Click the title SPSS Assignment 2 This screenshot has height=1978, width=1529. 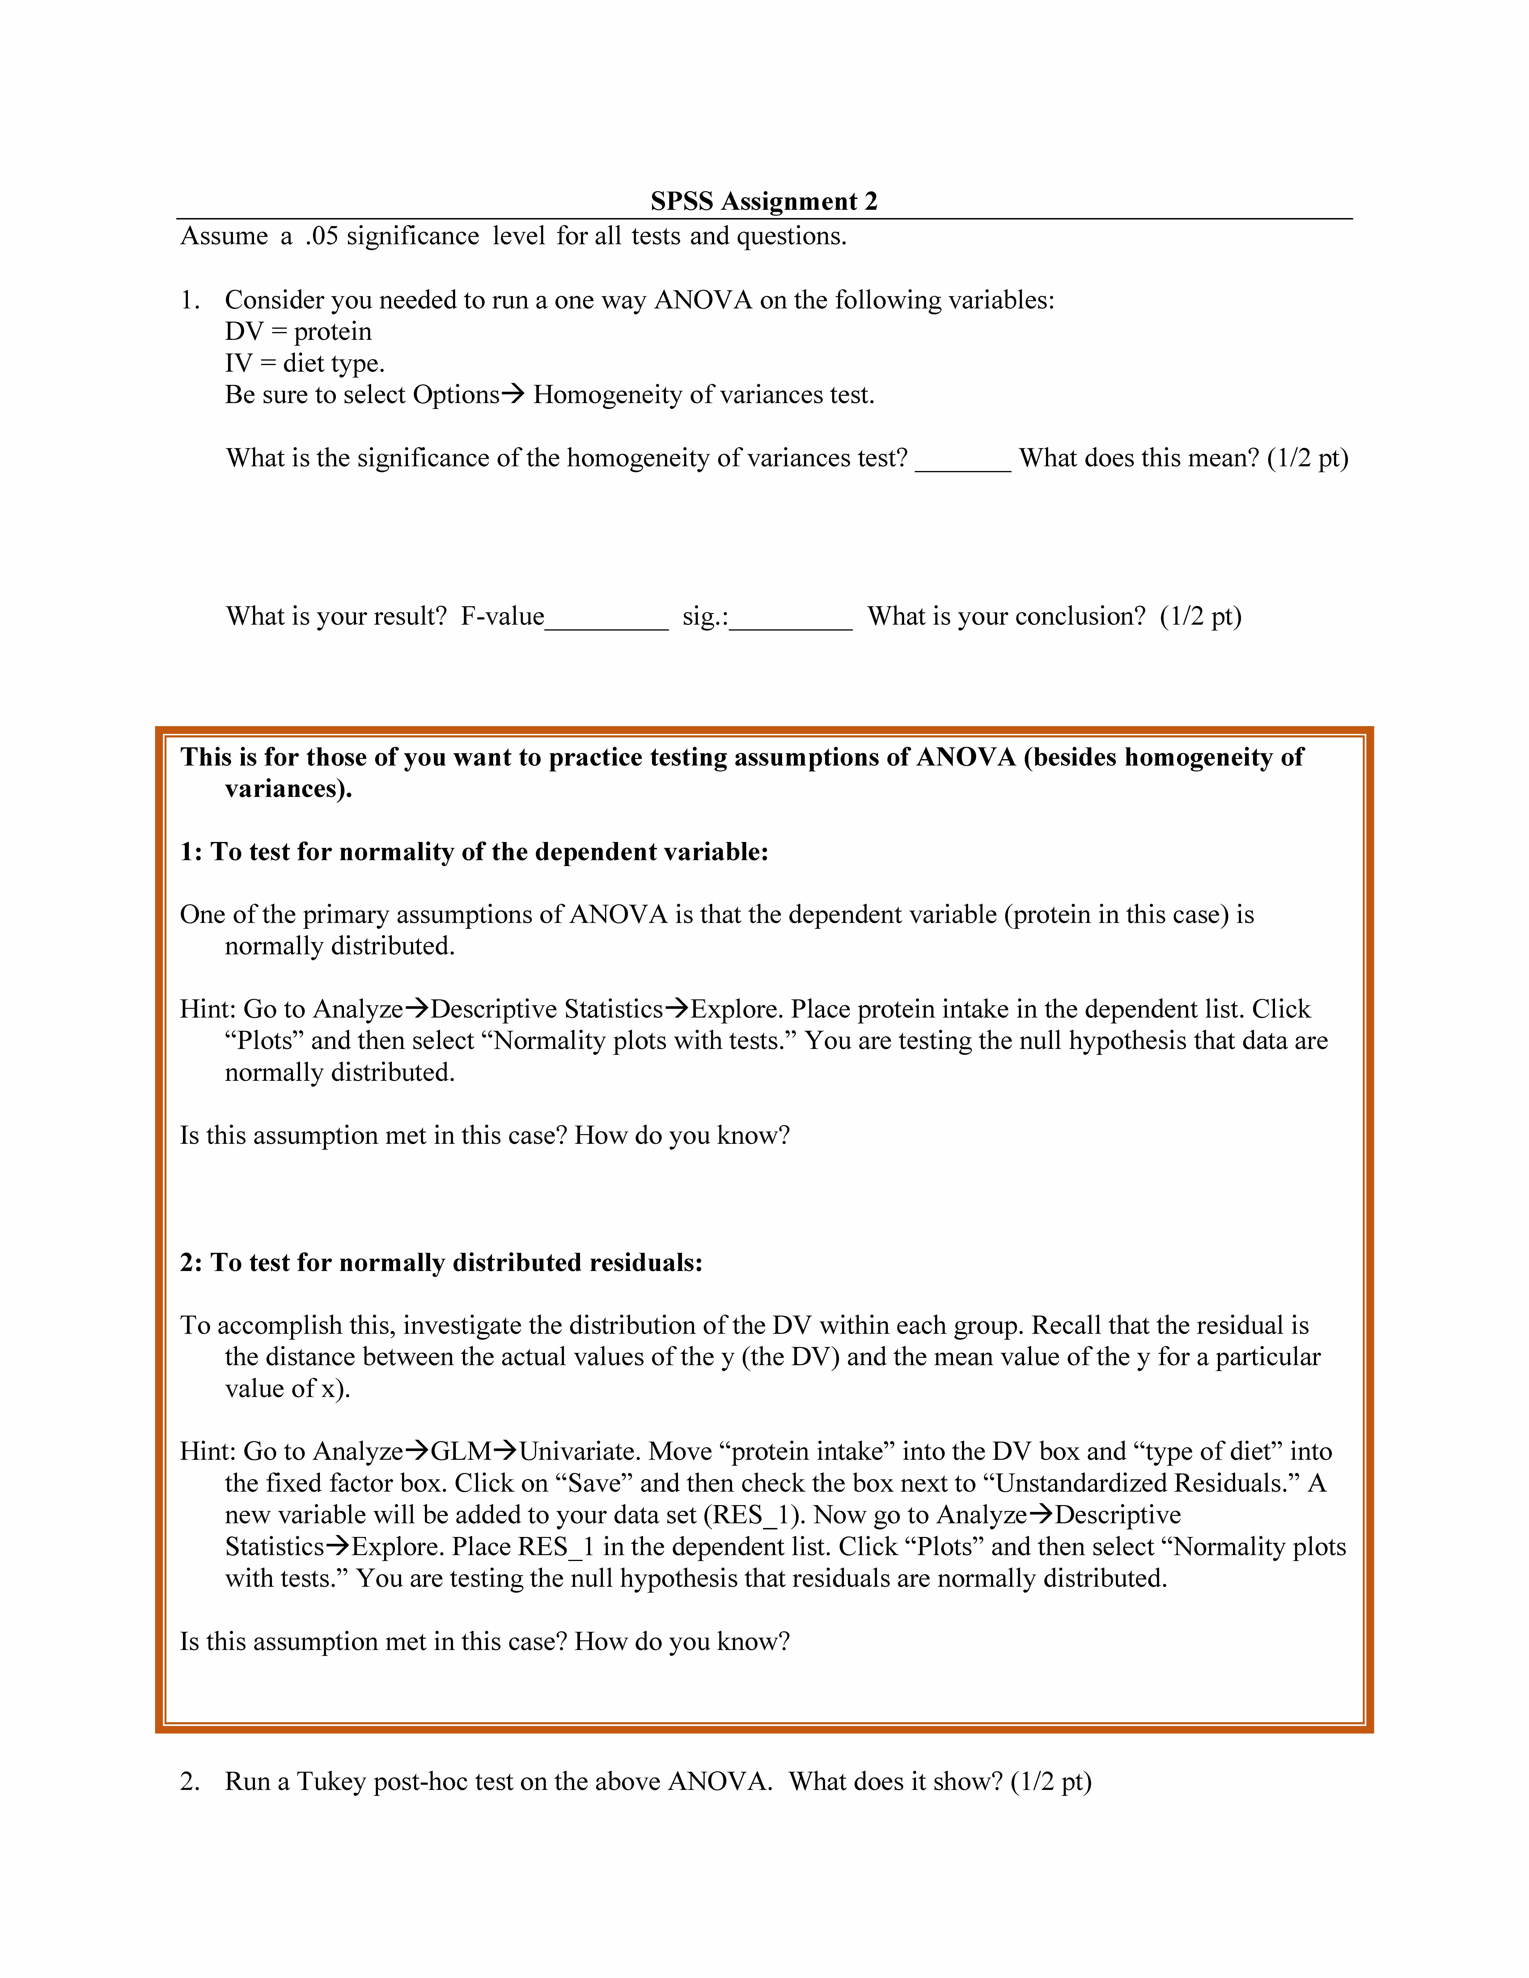pyautogui.click(x=764, y=201)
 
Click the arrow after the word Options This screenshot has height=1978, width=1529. pyautogui.click(x=513, y=395)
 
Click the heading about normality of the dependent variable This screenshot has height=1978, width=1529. pyautogui.click(x=474, y=852)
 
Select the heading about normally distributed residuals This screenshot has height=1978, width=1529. pyautogui.click(x=441, y=1263)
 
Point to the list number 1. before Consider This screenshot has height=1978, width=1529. pyautogui.click(x=190, y=301)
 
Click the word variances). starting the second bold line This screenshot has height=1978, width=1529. pyautogui.click(x=288, y=789)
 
